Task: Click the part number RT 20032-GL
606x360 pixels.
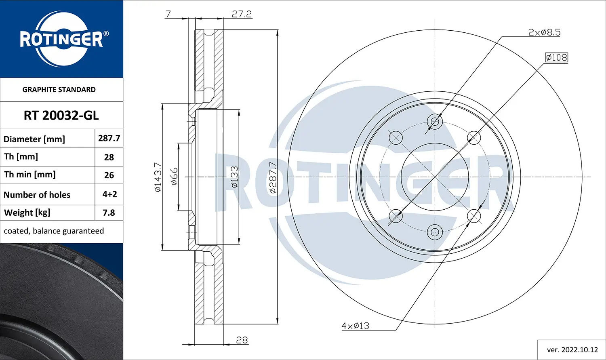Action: coord(61,116)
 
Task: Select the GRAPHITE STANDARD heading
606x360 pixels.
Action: coord(59,90)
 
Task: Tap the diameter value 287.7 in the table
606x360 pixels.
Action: coord(109,138)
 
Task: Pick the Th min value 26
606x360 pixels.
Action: coord(109,175)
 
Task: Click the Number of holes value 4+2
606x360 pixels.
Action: coord(109,194)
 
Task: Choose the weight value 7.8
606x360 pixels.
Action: coord(109,213)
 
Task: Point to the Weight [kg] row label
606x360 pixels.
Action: coord(27,213)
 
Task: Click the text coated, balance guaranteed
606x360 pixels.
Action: coord(54,231)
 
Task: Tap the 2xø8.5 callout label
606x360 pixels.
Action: coord(544,32)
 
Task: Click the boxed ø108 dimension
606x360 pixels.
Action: coord(556,57)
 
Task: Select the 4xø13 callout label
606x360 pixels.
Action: coord(355,326)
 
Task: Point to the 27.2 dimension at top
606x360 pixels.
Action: coord(242,14)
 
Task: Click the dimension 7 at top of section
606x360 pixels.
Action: coord(168,14)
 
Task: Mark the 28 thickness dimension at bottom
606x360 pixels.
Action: coord(242,340)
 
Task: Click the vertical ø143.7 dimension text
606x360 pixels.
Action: coord(158,177)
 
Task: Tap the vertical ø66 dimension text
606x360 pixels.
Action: coord(174,177)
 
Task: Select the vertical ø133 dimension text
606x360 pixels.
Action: coord(234,177)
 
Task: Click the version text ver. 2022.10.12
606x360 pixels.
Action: coord(572,349)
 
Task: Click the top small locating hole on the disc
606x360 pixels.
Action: coord(435,121)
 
